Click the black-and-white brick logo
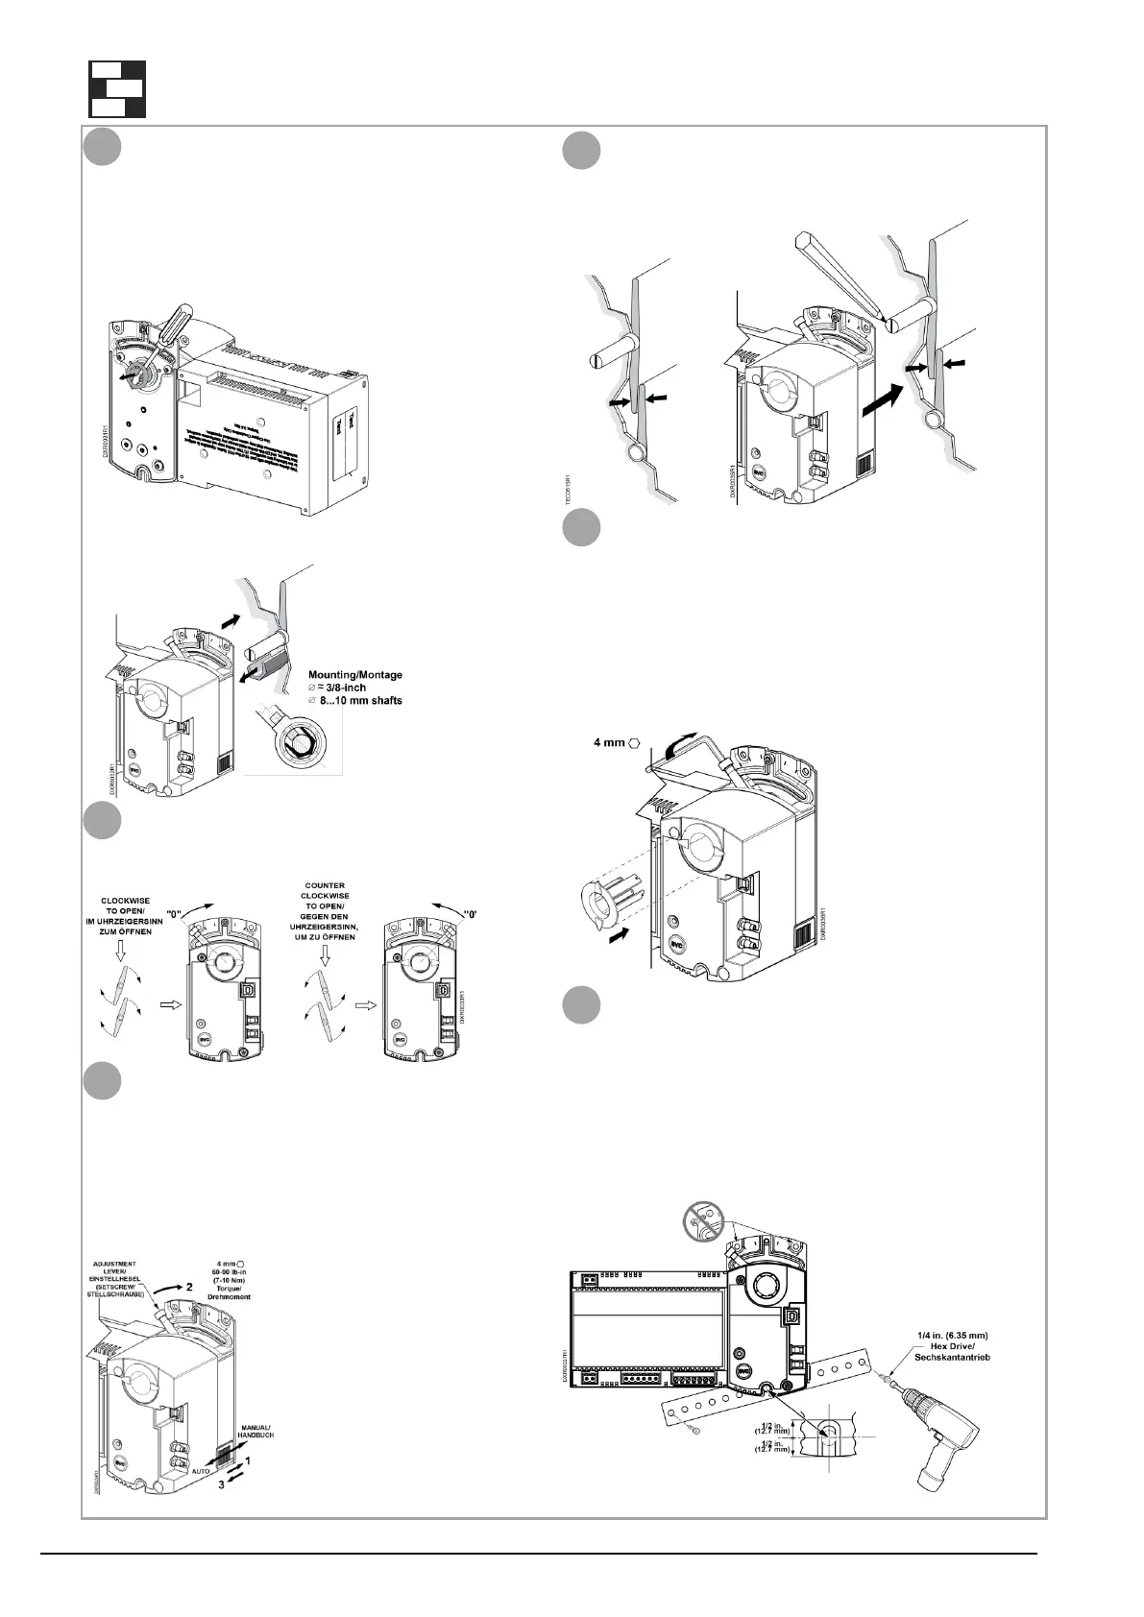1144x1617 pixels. pos(117,89)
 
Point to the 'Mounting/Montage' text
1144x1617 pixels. pos(355,675)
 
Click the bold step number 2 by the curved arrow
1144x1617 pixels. pos(190,1284)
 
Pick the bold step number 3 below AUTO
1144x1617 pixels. pos(222,1484)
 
